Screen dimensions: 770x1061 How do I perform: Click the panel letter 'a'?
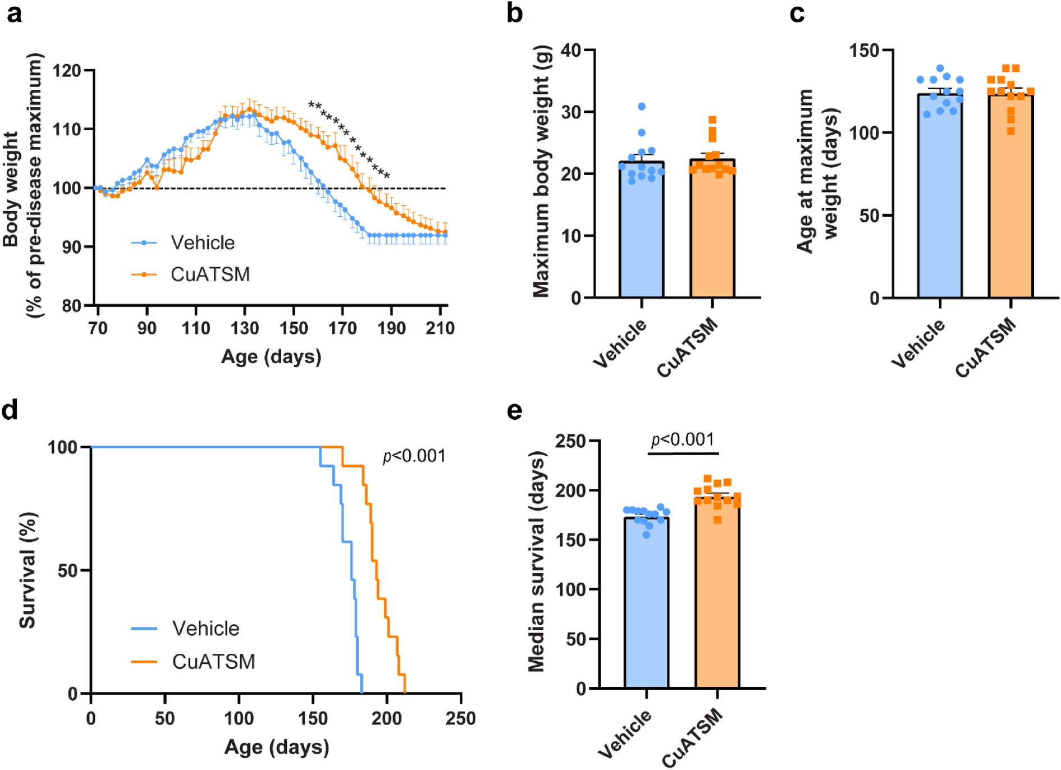coord(14,13)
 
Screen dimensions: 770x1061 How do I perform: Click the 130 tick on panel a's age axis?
coord(245,328)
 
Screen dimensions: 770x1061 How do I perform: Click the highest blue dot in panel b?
coord(642,106)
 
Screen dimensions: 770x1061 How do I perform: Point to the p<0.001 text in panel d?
coord(414,456)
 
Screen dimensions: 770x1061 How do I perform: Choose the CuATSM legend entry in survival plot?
coord(213,662)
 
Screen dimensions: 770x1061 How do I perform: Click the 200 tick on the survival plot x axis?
coord(387,718)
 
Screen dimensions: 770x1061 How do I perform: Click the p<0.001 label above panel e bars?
coord(683,440)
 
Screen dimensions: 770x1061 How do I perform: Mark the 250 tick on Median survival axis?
coord(570,442)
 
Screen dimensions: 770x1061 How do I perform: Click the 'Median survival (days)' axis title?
coord(537,561)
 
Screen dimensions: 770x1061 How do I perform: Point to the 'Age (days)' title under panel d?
coord(277,747)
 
